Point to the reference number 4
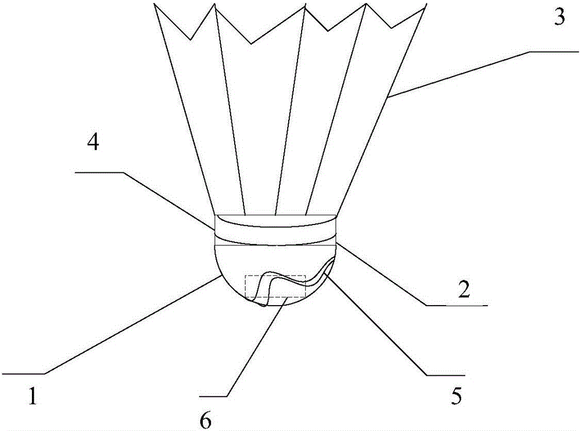pyautogui.click(x=93, y=142)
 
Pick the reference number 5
pyautogui.click(x=457, y=396)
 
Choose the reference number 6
pyautogui.click(x=205, y=421)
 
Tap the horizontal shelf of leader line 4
pyautogui.click(x=99, y=172)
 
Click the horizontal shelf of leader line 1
pyautogui.click(x=23, y=374)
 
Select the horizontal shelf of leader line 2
pyautogui.click(x=456, y=306)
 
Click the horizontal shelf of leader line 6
pyautogui.click(x=213, y=397)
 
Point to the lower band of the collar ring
pyautogui.click(x=275, y=241)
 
